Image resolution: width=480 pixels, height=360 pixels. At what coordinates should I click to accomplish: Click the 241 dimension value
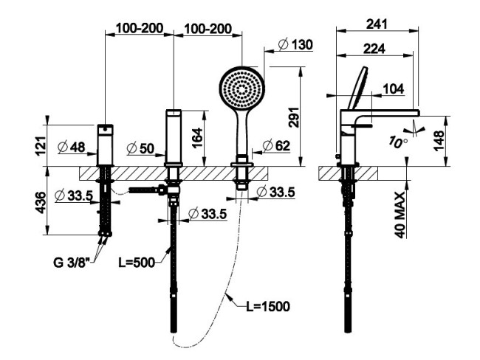[x=377, y=24]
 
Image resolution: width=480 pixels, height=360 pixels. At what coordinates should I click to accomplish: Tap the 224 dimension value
[x=374, y=49]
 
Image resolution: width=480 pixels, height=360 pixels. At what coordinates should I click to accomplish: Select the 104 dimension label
[x=394, y=89]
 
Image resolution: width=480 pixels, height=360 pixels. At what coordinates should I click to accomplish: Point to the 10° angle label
[x=398, y=142]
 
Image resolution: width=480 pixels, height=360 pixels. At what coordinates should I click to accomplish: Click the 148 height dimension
[x=439, y=140]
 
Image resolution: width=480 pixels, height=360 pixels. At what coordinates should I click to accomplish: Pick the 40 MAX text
[x=400, y=215]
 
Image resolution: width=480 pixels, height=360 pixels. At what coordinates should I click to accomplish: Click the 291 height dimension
[x=295, y=117]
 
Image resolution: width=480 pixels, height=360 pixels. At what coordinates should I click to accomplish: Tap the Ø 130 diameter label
[x=295, y=45]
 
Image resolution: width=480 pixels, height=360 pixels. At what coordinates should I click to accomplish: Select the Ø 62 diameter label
[x=276, y=145]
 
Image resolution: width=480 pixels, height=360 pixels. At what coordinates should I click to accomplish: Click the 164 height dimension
[x=198, y=138]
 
